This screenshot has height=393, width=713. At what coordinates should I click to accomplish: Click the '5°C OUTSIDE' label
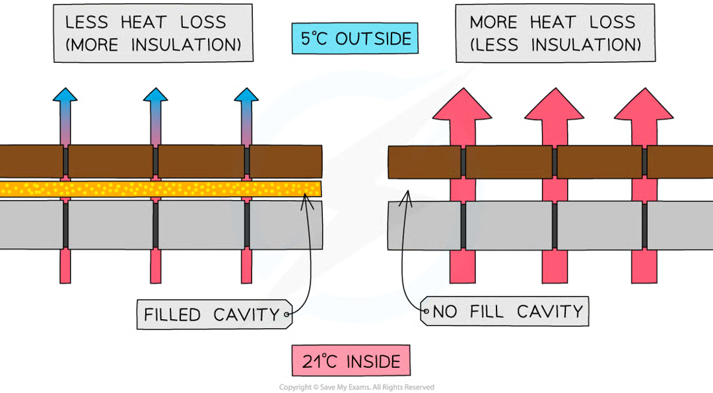click(x=353, y=39)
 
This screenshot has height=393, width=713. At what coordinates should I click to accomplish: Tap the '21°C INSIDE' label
click(x=351, y=361)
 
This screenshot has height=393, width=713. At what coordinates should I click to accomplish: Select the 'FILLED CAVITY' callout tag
click(x=212, y=314)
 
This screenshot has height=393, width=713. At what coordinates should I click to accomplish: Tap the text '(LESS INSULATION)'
click(x=555, y=46)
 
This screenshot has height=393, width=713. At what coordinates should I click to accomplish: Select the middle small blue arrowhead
click(x=155, y=96)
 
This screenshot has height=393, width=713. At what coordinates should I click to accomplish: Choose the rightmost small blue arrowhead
click(x=246, y=96)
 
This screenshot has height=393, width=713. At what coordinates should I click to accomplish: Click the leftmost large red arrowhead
click(x=463, y=106)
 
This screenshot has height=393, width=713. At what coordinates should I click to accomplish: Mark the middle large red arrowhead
click(x=554, y=106)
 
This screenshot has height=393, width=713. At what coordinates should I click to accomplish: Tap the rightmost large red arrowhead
click(x=644, y=106)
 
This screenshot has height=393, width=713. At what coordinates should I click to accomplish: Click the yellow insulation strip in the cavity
click(x=158, y=189)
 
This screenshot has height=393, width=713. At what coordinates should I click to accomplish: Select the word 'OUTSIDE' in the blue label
click(x=373, y=39)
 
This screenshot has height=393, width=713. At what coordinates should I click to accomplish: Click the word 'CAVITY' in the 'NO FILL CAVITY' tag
click(x=553, y=311)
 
